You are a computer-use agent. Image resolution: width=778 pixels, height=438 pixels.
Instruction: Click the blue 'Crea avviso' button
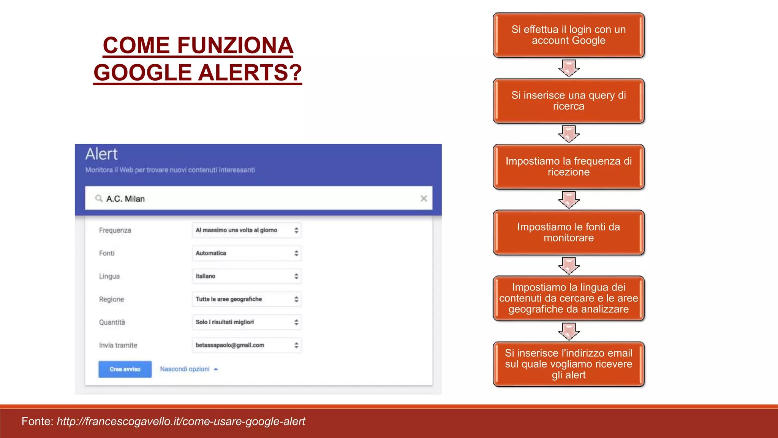click(125, 369)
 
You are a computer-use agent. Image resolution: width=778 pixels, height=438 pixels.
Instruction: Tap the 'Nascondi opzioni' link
click(185, 369)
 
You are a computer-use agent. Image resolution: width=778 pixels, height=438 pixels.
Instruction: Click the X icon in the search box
click(424, 198)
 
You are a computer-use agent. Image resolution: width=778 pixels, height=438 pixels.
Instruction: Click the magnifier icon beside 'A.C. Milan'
click(99, 198)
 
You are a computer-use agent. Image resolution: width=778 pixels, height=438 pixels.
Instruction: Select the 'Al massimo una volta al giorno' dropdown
click(246, 230)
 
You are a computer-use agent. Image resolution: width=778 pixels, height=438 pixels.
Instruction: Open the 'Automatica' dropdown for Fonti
click(246, 253)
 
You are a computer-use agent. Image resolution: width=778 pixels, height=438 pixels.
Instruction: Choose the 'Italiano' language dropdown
click(246, 276)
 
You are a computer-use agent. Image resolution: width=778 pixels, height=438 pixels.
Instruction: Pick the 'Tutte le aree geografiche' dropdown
click(246, 299)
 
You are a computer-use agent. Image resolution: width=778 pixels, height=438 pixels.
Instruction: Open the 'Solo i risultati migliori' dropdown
click(246, 322)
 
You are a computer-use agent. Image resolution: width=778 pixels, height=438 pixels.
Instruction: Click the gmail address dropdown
click(246, 345)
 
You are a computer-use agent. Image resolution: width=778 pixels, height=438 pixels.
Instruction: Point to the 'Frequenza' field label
click(115, 230)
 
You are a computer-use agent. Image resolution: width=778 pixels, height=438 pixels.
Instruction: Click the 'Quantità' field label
click(112, 322)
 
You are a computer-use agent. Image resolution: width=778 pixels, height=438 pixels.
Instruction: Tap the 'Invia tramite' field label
click(118, 345)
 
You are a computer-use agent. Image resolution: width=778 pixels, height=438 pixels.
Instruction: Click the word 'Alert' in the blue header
click(101, 154)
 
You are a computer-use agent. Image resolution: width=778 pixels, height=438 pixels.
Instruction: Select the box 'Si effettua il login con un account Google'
click(568, 35)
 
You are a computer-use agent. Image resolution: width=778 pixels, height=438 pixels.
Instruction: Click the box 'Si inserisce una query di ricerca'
click(568, 101)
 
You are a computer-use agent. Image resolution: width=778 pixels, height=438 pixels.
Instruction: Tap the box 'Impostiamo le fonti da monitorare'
click(568, 232)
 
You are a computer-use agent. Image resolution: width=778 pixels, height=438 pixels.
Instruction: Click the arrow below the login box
click(569, 68)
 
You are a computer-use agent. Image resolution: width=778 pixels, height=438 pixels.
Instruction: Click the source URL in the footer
click(181, 421)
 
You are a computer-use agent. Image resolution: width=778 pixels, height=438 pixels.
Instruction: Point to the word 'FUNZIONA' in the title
click(236, 46)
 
